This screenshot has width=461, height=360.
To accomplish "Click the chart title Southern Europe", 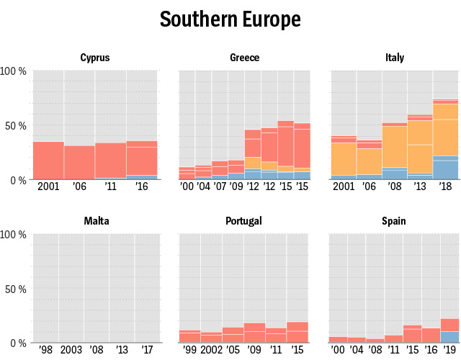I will [230, 19].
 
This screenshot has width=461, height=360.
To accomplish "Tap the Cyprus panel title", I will [95, 58].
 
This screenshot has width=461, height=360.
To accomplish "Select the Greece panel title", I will [244, 58].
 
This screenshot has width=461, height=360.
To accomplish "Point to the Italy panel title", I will [395, 58].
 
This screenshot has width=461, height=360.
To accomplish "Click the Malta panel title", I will [96, 220].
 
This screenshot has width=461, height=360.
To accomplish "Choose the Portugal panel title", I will [244, 220].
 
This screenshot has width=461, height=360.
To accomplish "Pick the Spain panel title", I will [395, 220].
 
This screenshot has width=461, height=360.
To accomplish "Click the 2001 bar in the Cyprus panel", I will [48, 161].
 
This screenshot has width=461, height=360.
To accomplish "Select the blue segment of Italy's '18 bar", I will [446, 168].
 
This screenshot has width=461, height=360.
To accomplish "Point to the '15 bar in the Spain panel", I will [412, 334].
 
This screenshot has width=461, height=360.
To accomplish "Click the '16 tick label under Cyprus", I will [142, 186].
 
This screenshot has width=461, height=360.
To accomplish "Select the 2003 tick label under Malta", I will [71, 349].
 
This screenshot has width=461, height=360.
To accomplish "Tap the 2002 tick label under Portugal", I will [211, 349].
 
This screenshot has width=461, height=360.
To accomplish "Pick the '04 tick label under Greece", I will [203, 186].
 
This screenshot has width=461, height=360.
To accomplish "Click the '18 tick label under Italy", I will [446, 186].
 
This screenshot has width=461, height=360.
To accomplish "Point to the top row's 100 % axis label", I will [14, 71].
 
